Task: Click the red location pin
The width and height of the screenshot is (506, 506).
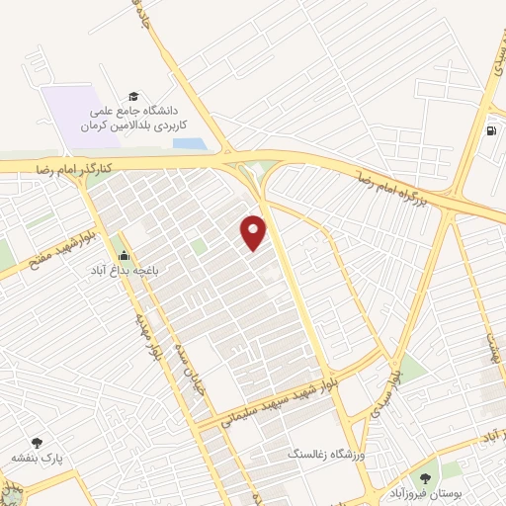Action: pos(254,231)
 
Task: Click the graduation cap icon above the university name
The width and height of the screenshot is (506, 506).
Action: pos(130,97)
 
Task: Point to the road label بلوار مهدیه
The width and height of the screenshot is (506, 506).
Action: pos(144,333)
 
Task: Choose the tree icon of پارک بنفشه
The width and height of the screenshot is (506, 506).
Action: pos(38,443)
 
